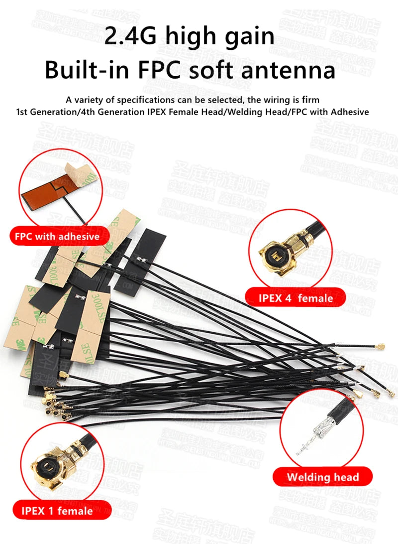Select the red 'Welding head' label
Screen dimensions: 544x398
(322, 477)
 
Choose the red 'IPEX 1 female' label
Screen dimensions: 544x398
(57, 511)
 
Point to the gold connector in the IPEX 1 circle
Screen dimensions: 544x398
(50, 466)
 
